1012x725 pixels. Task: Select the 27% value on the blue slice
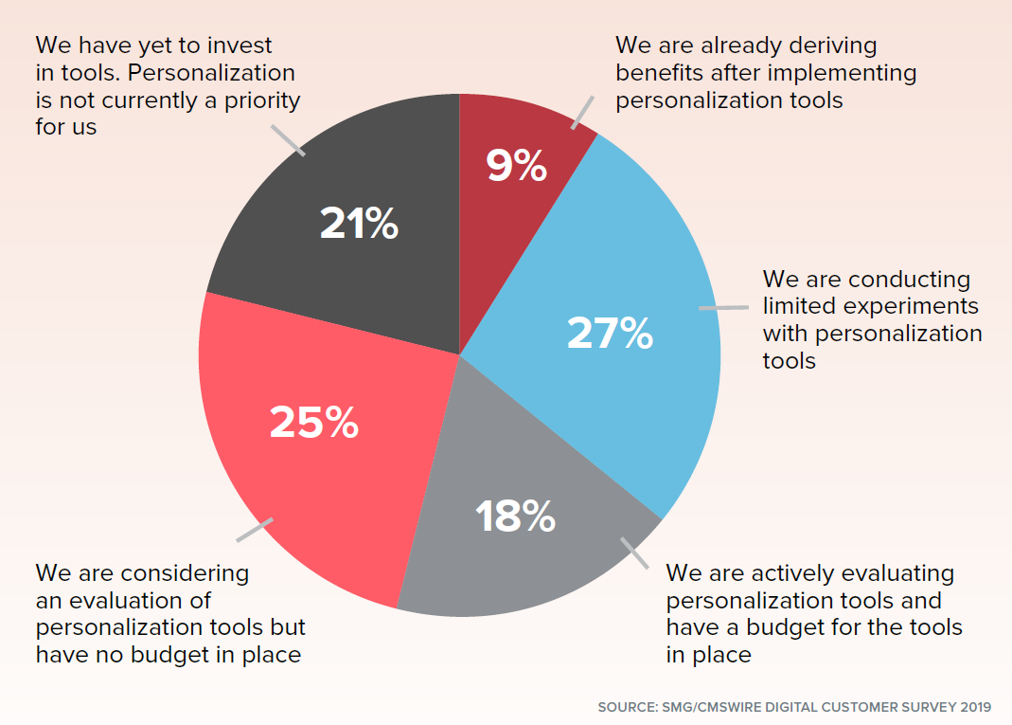point(610,333)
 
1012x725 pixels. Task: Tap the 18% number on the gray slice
point(514,516)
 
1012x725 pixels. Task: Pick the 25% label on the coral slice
point(313,422)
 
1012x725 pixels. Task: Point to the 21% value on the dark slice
point(358,224)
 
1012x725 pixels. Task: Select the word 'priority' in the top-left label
point(258,100)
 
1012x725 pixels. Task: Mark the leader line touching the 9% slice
point(583,112)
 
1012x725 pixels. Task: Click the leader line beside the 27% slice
point(722,307)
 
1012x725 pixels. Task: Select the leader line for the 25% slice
point(254,530)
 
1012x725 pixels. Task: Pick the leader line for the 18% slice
point(634,553)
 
